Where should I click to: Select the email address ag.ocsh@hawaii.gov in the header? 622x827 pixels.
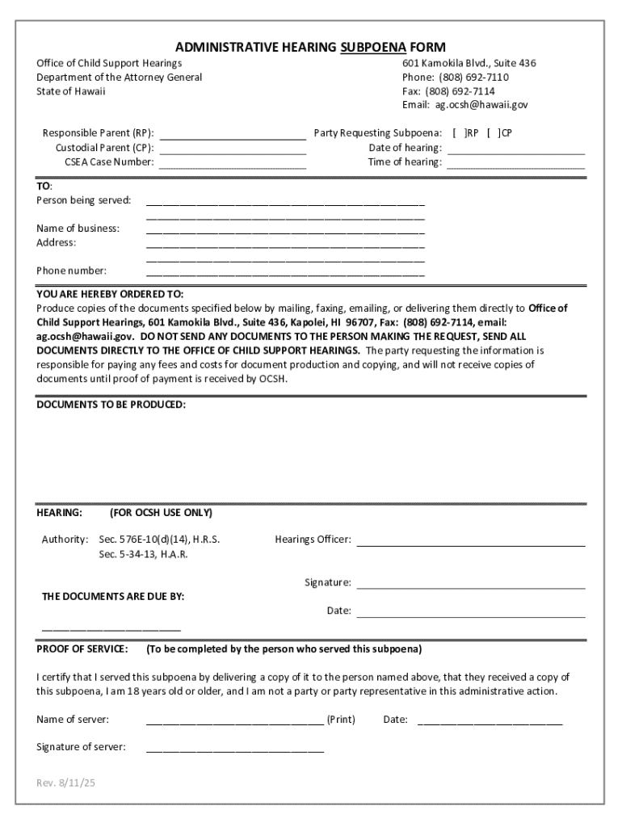pos(481,105)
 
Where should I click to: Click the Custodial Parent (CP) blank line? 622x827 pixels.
pos(233,148)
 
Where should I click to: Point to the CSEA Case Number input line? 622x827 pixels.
pos(233,162)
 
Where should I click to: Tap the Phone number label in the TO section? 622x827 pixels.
pos(71,271)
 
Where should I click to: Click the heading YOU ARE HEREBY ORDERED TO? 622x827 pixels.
pos(110,294)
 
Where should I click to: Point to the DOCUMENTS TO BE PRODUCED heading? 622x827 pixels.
pos(111,404)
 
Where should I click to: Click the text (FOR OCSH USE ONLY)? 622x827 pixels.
pos(161,513)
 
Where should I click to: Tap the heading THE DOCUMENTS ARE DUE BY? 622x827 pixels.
pos(113,597)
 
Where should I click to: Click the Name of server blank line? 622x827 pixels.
pos(234,720)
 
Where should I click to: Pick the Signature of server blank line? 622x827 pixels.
pos(234,748)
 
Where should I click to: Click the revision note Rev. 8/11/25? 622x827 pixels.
pos(65,784)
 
